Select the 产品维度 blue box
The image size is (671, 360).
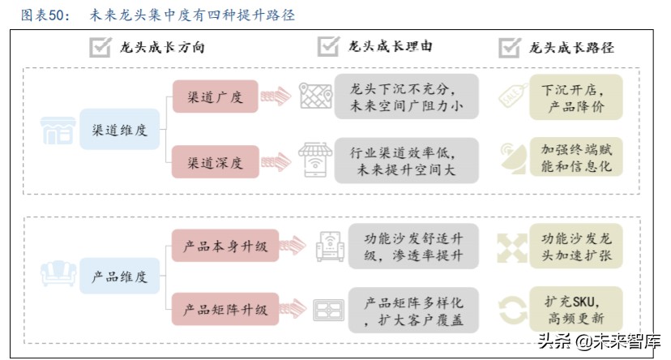[119, 276]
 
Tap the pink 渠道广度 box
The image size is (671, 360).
[215, 97]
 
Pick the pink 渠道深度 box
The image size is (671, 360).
[215, 162]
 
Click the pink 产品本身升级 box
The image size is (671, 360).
[224, 245]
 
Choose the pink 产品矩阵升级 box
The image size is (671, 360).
[224, 309]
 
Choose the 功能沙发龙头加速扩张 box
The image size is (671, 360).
[576, 245]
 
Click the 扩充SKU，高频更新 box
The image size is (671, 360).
[576, 309]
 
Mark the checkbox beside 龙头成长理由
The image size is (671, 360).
[327, 46]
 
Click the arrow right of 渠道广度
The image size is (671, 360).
[276, 96]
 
